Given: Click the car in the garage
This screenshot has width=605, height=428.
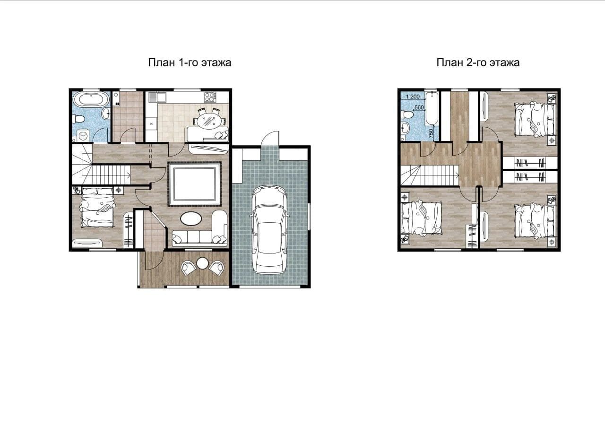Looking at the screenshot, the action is coord(269,229).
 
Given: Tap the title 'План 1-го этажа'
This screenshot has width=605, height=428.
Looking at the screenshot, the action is coord(190,62).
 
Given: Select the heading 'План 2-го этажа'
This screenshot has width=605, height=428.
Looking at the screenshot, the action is coord(478,62).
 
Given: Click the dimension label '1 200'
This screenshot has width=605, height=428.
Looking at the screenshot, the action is coord(413,96).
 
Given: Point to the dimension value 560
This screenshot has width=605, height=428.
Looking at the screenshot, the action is coord(419,107).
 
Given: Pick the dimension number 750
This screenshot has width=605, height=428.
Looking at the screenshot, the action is coord(431,134).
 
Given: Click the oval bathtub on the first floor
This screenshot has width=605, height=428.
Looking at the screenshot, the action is coord(90,100).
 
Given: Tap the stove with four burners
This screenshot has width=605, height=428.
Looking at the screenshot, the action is coord(210,97).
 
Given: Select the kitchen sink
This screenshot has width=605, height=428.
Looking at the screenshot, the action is coord(156,97).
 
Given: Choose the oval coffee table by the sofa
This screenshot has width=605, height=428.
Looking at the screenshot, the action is coord(190,218).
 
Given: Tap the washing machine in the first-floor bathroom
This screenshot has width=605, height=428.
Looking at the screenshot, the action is coord(83,135).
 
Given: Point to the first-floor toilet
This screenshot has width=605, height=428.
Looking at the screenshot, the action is coord(78,119).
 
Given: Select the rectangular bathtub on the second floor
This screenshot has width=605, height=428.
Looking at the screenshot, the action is coord(432,109).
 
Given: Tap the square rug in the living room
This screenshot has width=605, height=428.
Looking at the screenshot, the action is coord(194,184).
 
